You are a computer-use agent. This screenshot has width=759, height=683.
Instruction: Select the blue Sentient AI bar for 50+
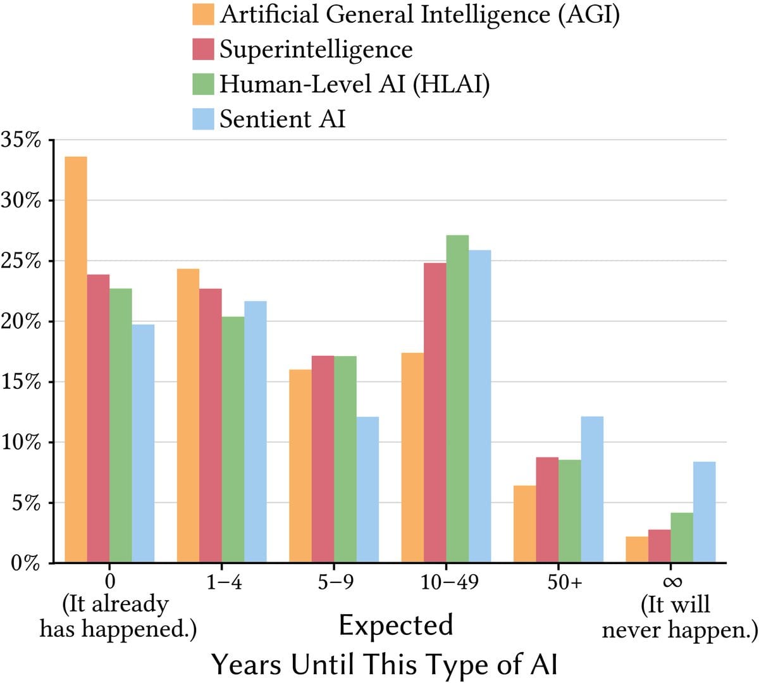(x=592, y=489)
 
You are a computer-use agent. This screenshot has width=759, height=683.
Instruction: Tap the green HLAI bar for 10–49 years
(x=457, y=398)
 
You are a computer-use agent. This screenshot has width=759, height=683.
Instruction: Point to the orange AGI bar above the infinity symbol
(x=637, y=550)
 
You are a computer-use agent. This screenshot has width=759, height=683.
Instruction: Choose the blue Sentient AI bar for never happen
(x=704, y=512)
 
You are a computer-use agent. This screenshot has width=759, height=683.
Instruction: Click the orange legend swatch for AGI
(x=203, y=15)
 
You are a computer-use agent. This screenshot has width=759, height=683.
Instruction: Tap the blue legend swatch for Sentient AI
(x=203, y=119)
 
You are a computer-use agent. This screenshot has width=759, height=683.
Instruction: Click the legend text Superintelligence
(x=316, y=49)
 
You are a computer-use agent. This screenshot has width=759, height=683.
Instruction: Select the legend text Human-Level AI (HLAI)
(x=354, y=84)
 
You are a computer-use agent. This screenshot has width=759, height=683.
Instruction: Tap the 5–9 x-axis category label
(x=335, y=582)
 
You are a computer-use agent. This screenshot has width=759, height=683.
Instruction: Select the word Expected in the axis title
(x=396, y=625)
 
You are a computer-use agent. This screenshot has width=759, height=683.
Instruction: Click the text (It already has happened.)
(x=118, y=617)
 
